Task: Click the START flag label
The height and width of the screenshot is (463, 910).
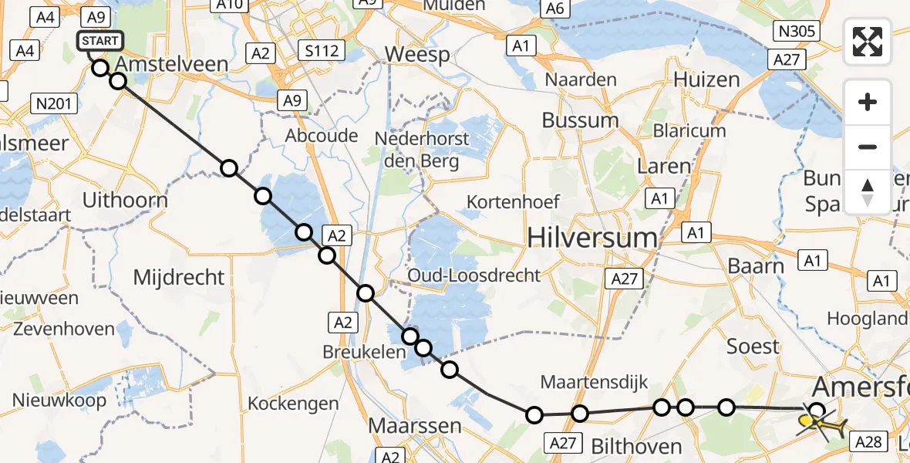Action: click(x=99, y=41)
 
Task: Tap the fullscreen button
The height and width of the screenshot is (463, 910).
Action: click(x=868, y=41)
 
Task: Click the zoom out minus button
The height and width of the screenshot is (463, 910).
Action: click(x=868, y=147)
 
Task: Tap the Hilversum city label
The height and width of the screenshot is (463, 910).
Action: click(x=592, y=238)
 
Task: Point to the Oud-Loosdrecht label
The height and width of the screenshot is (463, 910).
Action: click(x=474, y=275)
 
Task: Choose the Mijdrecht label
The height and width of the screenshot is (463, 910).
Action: click(x=179, y=277)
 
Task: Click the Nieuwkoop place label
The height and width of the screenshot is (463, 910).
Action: click(x=59, y=400)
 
